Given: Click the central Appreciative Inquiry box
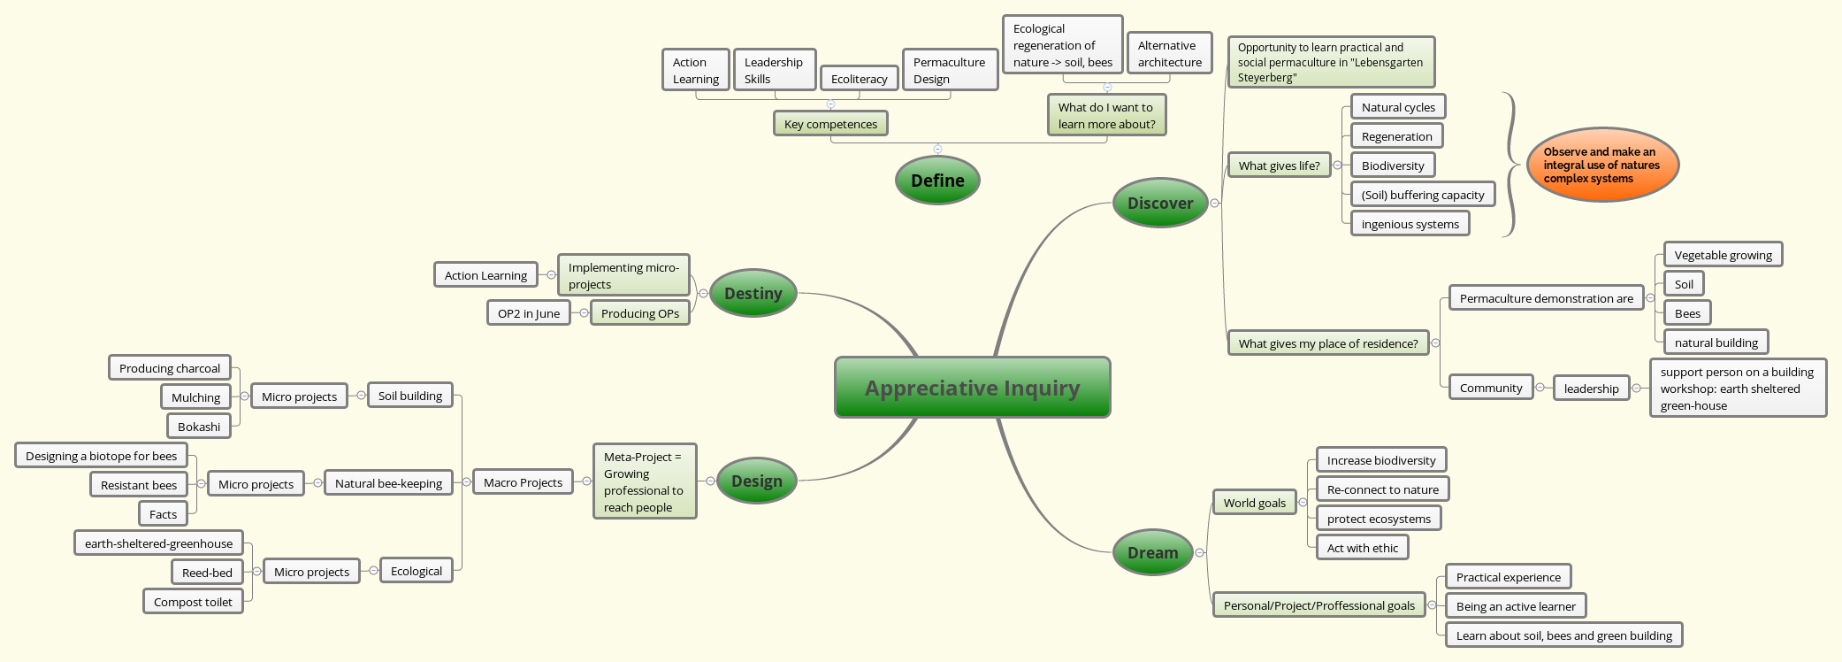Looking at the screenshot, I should click(972, 388).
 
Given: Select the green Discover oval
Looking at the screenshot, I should click(1159, 203).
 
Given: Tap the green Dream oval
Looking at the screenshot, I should click(1152, 552).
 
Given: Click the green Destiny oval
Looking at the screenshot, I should click(753, 293).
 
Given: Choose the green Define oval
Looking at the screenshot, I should click(937, 181).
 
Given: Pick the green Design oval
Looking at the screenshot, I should click(756, 481).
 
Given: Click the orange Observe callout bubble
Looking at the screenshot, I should click(1601, 165).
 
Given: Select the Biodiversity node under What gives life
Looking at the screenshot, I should click(1392, 165).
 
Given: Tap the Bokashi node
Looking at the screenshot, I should click(199, 427).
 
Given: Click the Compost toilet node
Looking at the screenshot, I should click(193, 602).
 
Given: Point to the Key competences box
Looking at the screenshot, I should click(830, 124).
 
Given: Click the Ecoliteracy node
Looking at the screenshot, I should click(859, 79).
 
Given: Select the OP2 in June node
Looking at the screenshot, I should click(528, 313).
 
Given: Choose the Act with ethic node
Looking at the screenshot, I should click(1362, 548).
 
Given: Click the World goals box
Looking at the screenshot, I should click(1254, 503).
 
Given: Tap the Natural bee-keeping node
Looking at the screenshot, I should click(388, 483).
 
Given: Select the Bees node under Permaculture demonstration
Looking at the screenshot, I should click(1686, 313).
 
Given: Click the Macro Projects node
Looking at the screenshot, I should click(523, 482).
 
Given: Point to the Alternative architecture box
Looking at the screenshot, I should click(1169, 53).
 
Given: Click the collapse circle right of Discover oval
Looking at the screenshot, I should click(1214, 203).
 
